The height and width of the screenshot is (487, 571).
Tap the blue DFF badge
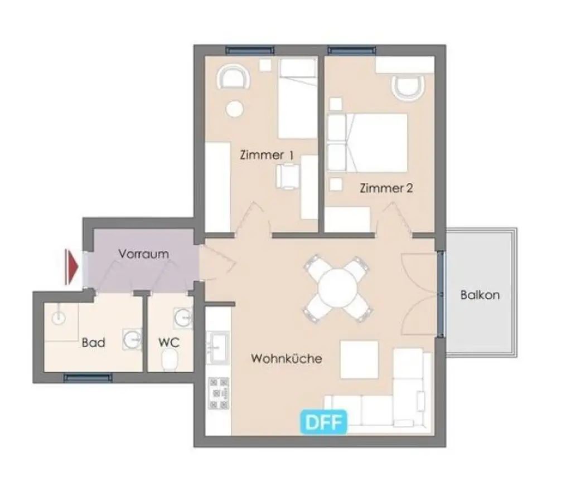[x=325, y=422]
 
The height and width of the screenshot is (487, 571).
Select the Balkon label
[x=480, y=295]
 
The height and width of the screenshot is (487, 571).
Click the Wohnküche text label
[x=286, y=358]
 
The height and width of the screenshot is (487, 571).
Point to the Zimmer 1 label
[x=267, y=155]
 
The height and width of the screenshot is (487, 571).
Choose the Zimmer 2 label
[x=386, y=188]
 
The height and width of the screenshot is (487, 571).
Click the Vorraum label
[x=143, y=254]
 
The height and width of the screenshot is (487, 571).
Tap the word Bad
[x=93, y=342]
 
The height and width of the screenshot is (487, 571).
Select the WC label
[x=169, y=342]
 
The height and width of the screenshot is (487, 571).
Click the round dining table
[x=337, y=287]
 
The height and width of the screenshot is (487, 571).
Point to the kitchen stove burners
[x=218, y=393]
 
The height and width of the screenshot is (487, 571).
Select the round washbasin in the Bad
[x=132, y=339]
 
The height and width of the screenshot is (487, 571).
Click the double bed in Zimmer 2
[x=372, y=143]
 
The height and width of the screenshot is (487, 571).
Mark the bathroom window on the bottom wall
[x=88, y=377]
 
